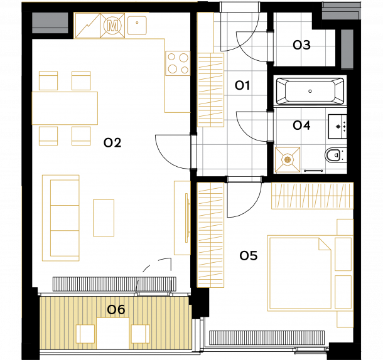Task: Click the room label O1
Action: click(x=242, y=85)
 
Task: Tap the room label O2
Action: click(x=112, y=142)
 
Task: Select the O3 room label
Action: click(x=301, y=45)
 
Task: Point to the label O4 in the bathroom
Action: click(x=301, y=125)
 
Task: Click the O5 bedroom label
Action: click(x=249, y=256)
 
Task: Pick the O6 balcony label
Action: click(x=116, y=309)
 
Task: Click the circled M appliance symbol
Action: click(x=112, y=25)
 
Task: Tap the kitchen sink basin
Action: click(x=137, y=25)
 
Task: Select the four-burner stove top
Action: click(x=178, y=63)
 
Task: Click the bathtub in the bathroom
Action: click(x=310, y=91)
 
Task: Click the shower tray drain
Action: click(x=288, y=160)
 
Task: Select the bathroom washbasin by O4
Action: click(x=337, y=127)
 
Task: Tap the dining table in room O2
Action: click(x=65, y=108)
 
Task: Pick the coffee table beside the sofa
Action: click(x=104, y=218)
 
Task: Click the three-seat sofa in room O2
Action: click(x=60, y=218)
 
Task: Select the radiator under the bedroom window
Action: click(x=267, y=338)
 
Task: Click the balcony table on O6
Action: click(x=113, y=333)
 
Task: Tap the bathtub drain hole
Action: click(x=310, y=91)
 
